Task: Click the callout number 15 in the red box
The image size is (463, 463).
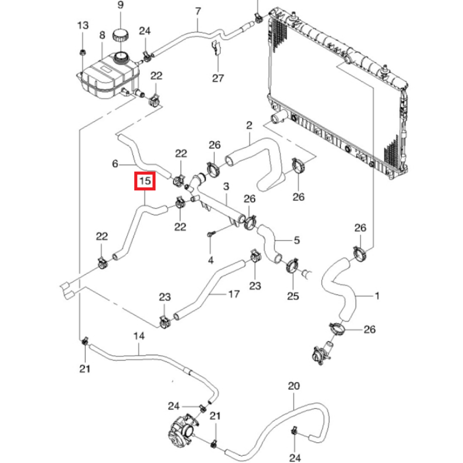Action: click(145, 181)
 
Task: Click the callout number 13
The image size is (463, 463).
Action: click(82, 26)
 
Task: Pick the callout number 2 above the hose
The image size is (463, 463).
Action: click(249, 125)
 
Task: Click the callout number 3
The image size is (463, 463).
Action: click(226, 187)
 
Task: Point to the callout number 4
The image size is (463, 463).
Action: click(211, 260)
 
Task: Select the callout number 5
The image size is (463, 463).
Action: click(297, 240)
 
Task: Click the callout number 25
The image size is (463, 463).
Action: click(294, 295)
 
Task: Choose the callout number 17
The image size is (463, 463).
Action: click(234, 294)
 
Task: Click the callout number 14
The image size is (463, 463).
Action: click(139, 336)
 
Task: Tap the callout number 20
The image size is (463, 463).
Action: click(294, 386)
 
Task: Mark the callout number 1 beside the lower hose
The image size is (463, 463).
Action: click(377, 295)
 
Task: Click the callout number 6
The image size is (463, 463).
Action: click(116, 163)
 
